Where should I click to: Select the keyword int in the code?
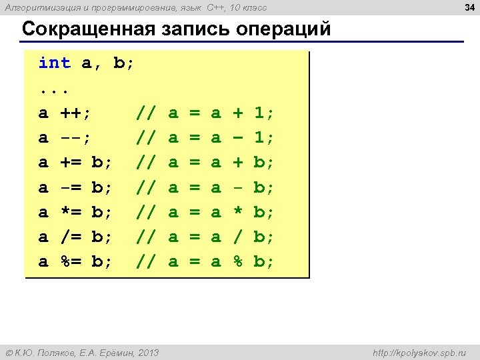point(54,63)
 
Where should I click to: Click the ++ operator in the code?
point(76,113)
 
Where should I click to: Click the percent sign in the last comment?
point(237,261)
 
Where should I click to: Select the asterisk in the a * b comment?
point(237,212)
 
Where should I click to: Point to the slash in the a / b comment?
point(237,237)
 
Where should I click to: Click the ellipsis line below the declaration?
point(54,89)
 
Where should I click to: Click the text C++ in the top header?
point(217,7)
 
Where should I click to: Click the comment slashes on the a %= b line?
point(147,261)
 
